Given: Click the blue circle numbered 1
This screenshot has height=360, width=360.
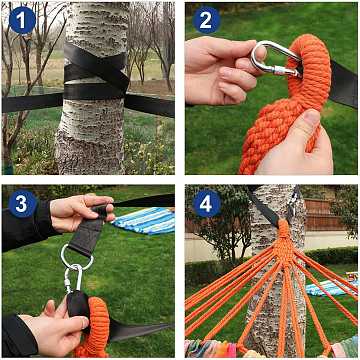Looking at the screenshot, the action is [22, 20].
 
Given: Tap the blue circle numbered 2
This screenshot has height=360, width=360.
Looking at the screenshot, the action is [206, 20].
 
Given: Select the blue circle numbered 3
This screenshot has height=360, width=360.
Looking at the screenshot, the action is [22, 204].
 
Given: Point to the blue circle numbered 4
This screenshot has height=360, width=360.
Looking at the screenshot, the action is [206, 204].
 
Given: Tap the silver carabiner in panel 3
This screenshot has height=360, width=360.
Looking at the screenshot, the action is [74, 278].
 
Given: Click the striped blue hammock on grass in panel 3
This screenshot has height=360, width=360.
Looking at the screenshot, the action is [146, 221].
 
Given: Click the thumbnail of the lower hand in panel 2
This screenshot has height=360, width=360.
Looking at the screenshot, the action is [311, 118].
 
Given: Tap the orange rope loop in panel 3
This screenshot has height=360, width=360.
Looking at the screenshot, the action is [96, 323].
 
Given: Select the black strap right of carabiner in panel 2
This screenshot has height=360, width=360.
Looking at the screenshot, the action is [343, 84].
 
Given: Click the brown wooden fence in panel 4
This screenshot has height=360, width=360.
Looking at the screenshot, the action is [319, 215].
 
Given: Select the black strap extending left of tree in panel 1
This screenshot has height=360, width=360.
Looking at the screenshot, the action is [32, 102].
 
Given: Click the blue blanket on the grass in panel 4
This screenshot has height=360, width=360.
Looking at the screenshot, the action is [330, 287].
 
